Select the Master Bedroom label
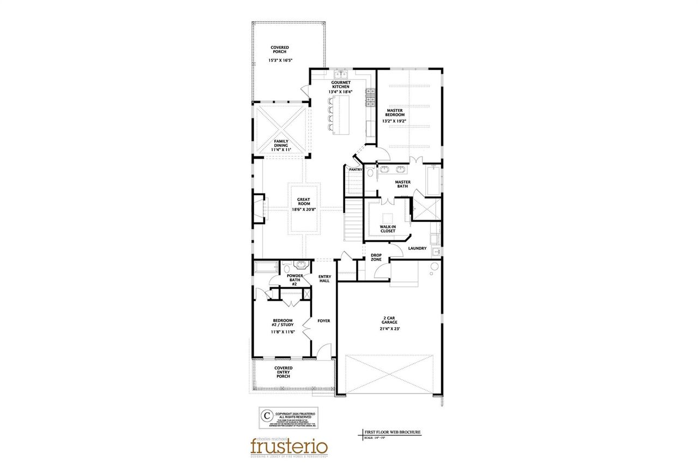395,112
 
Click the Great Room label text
304,202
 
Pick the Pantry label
356,170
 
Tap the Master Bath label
402,184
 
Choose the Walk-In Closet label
387,228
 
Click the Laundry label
417,249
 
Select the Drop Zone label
376,257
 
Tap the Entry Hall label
324,279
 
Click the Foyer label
324,321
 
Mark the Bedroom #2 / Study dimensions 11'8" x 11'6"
282,332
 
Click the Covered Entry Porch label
283,372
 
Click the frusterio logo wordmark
289,446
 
